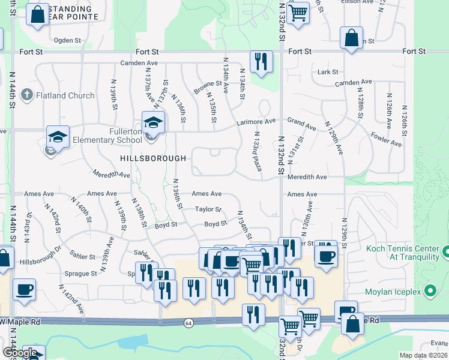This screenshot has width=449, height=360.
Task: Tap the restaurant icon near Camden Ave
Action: point(261,62)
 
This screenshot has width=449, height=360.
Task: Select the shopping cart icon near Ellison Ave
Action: point(298,13)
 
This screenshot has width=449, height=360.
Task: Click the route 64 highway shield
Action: point(188,323)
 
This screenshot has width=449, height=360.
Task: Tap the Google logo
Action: point(19,352)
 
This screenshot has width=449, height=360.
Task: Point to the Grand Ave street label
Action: point(301,124)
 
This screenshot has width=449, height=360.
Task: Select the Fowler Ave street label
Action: point(387,140)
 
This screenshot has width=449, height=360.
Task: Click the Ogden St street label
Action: point(67,40)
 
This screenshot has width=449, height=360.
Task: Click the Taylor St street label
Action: point(208,209)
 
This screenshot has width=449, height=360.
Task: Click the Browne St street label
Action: point(205,86)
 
